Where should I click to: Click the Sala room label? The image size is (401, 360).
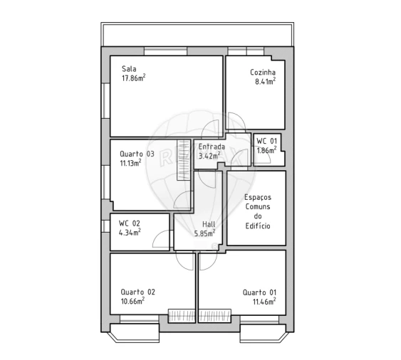coord(128,69)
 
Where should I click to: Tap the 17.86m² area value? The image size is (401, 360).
coord(133,78)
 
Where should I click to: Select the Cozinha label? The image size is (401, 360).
coord(262,72)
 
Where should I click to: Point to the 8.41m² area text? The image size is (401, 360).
coord(265,81)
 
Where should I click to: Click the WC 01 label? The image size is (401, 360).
coord(267,141)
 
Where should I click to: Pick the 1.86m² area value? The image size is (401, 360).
coord(268,150)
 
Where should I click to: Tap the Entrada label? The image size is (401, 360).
coord(212,147)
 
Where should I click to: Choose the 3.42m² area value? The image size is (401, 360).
coord(211,156)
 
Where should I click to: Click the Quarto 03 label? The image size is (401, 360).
coord(137,153)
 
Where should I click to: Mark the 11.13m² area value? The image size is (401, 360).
coord(131,162)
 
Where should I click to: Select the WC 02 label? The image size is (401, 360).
coord(129,223)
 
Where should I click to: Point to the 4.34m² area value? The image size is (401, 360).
coord(130,231)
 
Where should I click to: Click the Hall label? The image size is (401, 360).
coord(209,223)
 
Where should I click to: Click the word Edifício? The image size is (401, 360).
coord(258,226)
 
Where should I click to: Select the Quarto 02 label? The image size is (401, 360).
coord(137,292)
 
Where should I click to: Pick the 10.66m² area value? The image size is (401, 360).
coord(132,301)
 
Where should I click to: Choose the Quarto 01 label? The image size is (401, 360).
coord(259,292)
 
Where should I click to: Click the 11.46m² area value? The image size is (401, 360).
coord(264,301)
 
